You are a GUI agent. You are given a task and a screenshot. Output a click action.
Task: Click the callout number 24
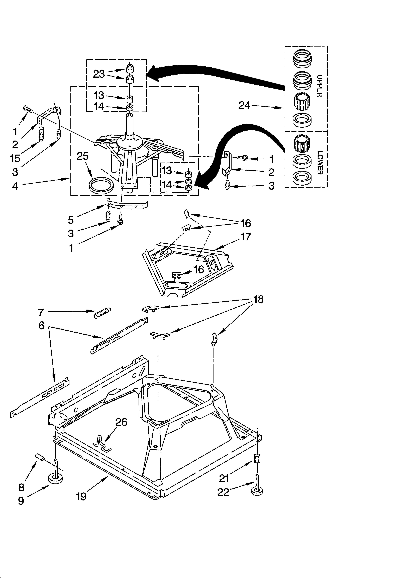244,105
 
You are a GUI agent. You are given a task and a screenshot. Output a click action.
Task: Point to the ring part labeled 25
101,185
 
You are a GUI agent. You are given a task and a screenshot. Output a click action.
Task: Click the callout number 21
224,478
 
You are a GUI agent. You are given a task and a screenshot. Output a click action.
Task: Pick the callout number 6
41,325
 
